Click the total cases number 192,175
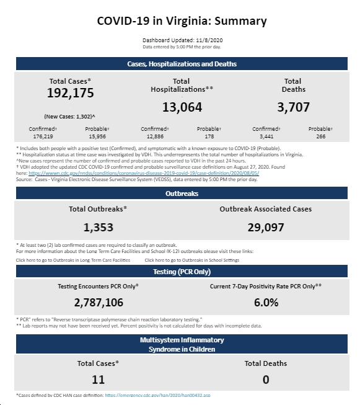71,93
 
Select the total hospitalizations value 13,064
182,107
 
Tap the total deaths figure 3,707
294,107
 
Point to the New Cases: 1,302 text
69,117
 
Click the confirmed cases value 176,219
43,136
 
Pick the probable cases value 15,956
97,136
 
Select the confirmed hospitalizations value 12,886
155,136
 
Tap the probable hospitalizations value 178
209,136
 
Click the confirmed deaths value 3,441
266,136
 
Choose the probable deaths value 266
321,136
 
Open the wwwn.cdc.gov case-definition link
144,173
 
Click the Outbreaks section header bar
182,194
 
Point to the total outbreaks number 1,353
99,228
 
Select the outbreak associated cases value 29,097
266,228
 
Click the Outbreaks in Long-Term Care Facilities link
73,260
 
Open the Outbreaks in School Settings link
192,260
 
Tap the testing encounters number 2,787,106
99,303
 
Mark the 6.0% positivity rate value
266,303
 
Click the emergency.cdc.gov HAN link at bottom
157,395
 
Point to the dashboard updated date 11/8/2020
209,40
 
